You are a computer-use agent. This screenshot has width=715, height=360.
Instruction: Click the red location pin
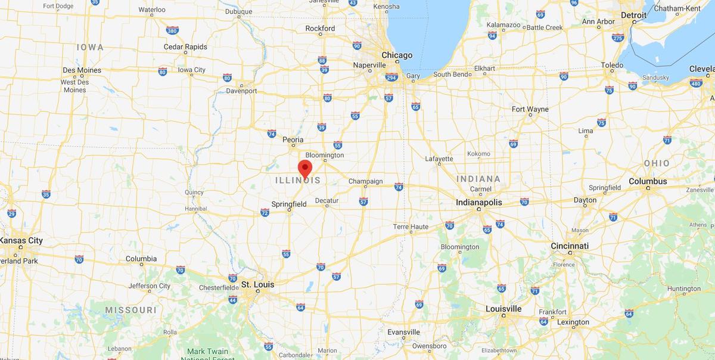coord(305,168)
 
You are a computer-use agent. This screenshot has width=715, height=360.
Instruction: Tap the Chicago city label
coord(396,55)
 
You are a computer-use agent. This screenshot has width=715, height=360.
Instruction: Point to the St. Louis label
coord(257,284)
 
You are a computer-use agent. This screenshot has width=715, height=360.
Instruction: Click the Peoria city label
coord(293,139)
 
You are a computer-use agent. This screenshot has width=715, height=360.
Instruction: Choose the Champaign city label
coord(365,181)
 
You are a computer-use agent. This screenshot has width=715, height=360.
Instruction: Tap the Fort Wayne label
coord(530,109)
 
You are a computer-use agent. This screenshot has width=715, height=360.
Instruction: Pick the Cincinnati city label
coord(570,246)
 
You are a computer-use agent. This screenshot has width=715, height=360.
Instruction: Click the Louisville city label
coord(503,309)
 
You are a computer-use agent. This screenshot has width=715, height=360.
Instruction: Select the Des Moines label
coord(82,70)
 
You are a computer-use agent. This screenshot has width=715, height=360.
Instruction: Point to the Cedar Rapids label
coord(185,46)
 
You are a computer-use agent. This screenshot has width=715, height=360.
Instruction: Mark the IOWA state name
coord(90,47)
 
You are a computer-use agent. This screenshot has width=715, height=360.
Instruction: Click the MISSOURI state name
coord(130,310)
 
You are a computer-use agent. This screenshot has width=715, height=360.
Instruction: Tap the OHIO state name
coord(656,163)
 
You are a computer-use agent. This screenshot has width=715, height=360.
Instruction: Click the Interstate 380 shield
coord(172,30)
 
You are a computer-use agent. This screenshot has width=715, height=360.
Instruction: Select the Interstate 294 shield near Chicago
coord(391,77)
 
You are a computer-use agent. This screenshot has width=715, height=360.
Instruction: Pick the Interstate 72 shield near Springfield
coord(265,212)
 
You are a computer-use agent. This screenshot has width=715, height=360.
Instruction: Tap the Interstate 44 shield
coord(232,299)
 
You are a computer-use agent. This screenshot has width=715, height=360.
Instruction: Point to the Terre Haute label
coord(411,226)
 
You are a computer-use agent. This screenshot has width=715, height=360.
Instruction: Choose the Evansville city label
coord(403,332)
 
